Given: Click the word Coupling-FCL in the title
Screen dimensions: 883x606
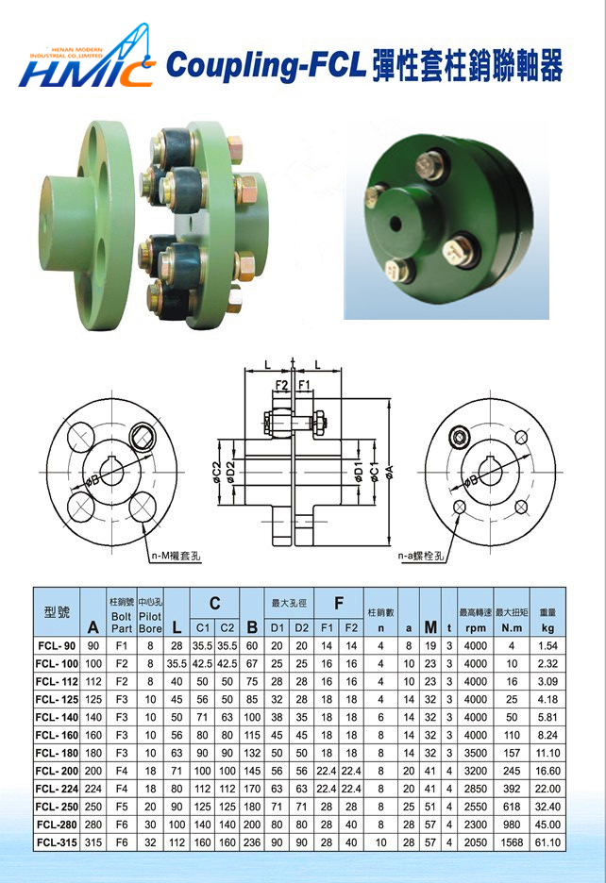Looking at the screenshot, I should (x=266, y=65).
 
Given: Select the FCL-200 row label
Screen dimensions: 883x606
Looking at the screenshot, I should (x=57, y=771).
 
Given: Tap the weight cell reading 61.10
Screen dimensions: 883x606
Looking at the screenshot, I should (x=547, y=842).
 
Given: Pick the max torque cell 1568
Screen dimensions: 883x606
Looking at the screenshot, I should (x=511, y=842).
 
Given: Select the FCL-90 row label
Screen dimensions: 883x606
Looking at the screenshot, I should (x=57, y=645).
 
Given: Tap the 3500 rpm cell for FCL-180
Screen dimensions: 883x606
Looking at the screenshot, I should (x=475, y=753).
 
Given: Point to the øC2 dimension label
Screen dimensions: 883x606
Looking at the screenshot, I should (x=217, y=470).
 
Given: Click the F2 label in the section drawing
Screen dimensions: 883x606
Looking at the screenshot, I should (x=281, y=385).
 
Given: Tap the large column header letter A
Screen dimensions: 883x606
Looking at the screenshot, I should (x=93, y=626).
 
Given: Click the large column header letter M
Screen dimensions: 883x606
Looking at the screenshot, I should (x=430, y=626).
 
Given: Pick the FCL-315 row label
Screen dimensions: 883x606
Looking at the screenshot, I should (x=57, y=842).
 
